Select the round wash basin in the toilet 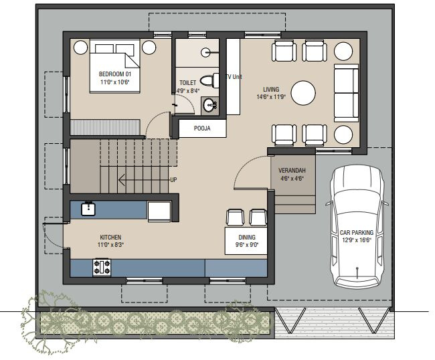pyautogui.click(x=210, y=104)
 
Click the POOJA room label pyautogui.click(x=203, y=128)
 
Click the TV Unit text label pyautogui.click(x=233, y=77)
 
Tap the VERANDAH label pyautogui.click(x=292, y=170)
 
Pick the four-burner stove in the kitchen pyautogui.click(x=103, y=268)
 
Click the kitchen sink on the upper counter pyautogui.click(x=88, y=208)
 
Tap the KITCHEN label pyautogui.click(x=110, y=237)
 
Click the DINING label pyautogui.click(x=247, y=237)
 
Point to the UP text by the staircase pyautogui.click(x=173, y=180)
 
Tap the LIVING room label pyautogui.click(x=271, y=89)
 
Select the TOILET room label pyautogui.click(x=187, y=83)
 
